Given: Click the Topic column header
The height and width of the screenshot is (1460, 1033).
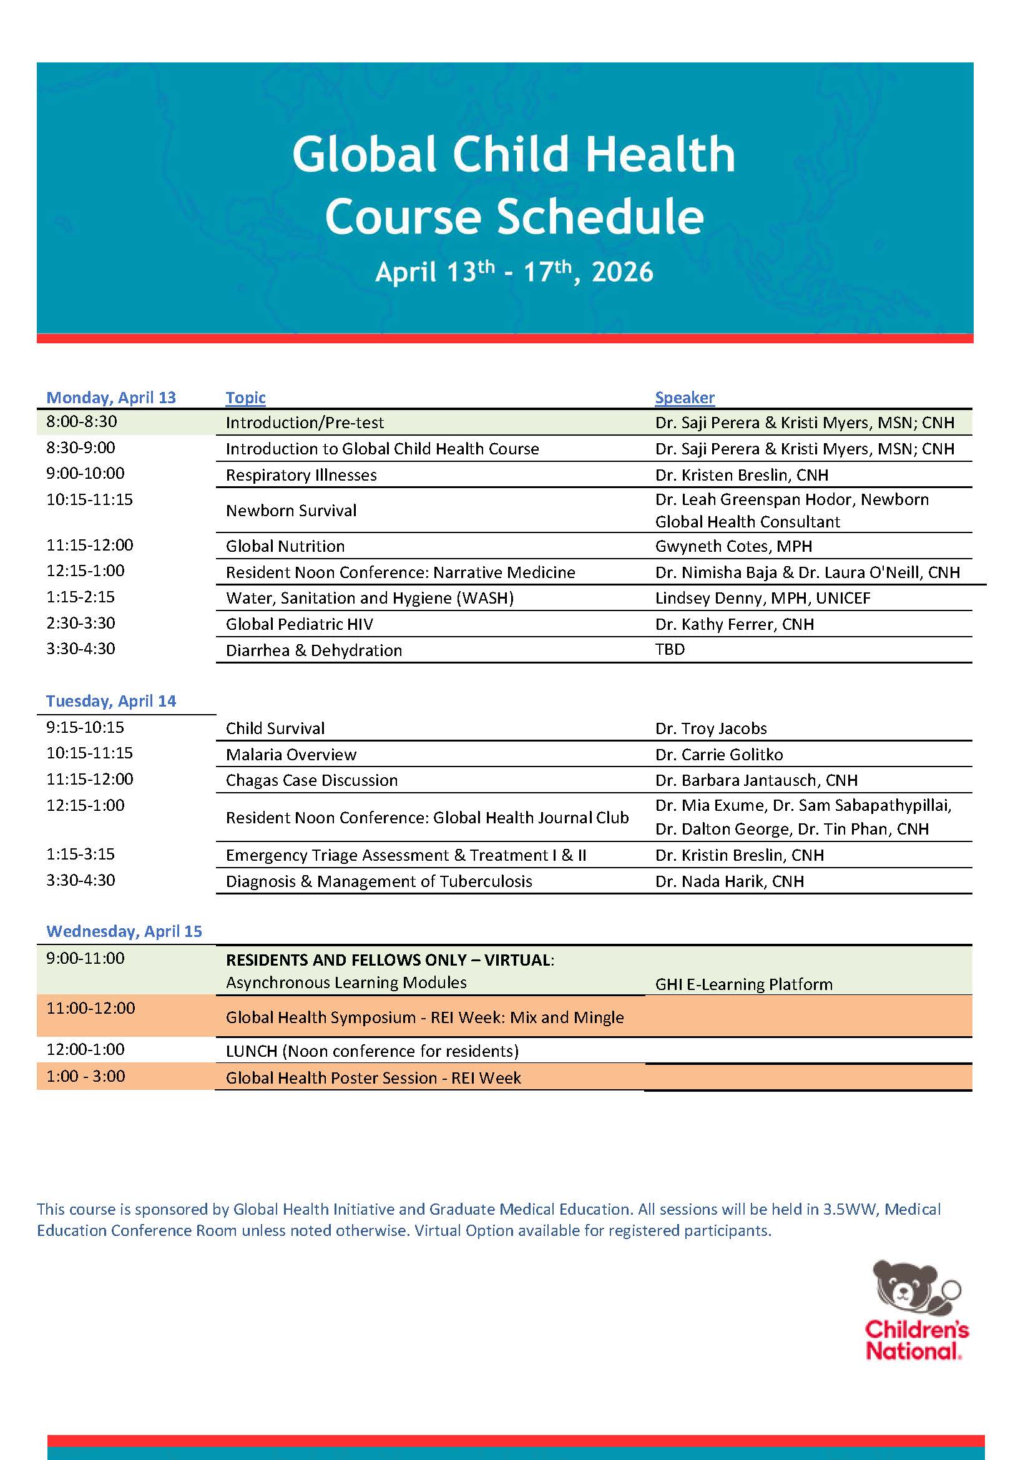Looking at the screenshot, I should click(245, 398).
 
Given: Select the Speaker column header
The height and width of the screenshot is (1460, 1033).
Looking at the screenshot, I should click(685, 398).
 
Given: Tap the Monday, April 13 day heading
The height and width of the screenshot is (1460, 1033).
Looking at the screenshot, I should click(110, 398).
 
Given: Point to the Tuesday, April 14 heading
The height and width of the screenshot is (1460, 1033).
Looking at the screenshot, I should click(110, 701).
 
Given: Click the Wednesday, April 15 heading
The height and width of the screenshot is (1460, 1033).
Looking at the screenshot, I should click(124, 931).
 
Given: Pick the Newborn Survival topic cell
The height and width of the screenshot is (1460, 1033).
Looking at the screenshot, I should click(291, 510).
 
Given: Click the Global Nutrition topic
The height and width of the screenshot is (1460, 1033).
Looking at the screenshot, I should click(285, 546).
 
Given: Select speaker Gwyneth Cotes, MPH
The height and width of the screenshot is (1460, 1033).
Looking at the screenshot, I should click(733, 546).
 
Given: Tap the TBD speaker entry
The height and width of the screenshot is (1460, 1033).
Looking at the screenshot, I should click(670, 649).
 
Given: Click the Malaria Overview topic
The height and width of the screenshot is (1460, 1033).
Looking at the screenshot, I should click(291, 755).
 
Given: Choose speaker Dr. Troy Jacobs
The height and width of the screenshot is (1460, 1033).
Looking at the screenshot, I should click(710, 728).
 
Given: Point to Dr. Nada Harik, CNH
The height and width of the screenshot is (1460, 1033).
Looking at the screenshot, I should click(730, 881).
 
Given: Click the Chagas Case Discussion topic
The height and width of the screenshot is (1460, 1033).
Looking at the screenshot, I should click(311, 780).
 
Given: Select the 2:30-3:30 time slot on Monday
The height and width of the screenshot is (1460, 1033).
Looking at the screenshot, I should click(81, 623).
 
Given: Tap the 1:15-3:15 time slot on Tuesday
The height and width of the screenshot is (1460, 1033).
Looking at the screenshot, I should click(81, 854).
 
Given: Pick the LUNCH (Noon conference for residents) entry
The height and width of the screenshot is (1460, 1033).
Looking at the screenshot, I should click(372, 1051).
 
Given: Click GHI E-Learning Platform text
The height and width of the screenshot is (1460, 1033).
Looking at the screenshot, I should click(743, 984).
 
